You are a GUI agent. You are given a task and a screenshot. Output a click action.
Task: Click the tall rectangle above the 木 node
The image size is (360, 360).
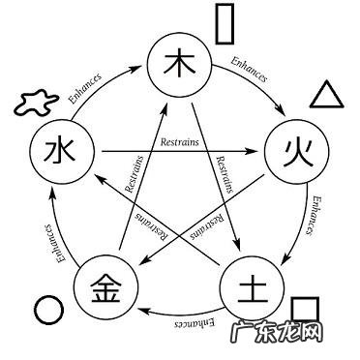[x=225, y=23]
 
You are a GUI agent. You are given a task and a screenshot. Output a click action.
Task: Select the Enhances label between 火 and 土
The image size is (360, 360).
[x=317, y=219]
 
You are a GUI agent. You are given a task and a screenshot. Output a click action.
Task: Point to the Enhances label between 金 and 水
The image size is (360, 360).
[x=45, y=242]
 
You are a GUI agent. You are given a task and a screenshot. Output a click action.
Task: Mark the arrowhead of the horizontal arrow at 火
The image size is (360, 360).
[x=263, y=151]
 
